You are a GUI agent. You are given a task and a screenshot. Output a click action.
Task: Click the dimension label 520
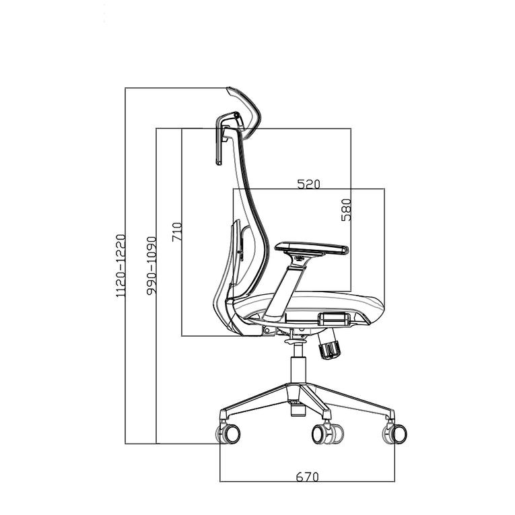coord(308,184)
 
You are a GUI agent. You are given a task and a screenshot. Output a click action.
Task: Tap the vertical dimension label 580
coord(346,210)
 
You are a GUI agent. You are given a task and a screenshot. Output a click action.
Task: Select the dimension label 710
coord(176,233)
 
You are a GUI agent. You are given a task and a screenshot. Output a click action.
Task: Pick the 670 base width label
coord(307,477)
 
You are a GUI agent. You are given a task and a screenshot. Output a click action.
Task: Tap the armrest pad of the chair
coord(312,248)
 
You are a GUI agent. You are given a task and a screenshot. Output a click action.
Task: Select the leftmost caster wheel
coord(229,433)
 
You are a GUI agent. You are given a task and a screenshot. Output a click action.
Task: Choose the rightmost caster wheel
coord(396,433)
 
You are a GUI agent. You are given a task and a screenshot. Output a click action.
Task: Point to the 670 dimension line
coord(307,482)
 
